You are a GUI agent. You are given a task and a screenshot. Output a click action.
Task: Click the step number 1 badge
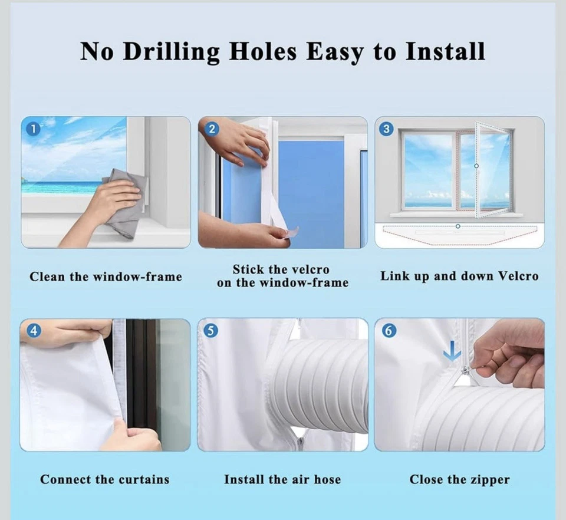(34, 129)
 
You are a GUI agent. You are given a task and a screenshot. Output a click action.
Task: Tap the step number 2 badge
(212, 129)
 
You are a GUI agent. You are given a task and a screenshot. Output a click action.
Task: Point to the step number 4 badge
(34, 331)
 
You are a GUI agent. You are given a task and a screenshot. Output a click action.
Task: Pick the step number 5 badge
(211, 331)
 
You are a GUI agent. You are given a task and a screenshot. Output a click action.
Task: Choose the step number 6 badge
(389, 331)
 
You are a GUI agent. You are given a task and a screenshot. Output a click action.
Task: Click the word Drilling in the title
(171, 52)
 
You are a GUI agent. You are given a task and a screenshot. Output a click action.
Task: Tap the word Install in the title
(445, 51)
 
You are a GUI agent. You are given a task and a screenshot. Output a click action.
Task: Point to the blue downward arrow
(452, 352)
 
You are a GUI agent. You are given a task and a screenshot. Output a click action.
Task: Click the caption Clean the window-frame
(106, 277)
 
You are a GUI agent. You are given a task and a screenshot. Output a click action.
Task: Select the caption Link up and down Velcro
(459, 276)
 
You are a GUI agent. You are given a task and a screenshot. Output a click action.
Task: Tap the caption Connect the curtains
(105, 479)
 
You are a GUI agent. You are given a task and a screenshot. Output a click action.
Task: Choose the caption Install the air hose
(282, 479)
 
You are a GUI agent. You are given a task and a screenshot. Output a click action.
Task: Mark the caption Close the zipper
(459, 479)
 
